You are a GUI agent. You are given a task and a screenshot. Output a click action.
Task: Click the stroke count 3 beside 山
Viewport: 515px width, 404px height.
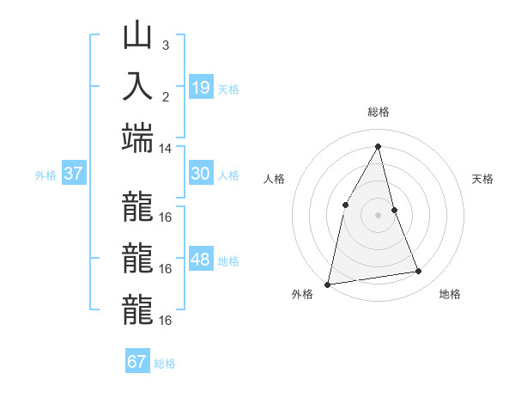(x=165, y=45)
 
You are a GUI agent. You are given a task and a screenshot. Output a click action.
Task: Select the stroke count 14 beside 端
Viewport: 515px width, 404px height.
(x=165, y=148)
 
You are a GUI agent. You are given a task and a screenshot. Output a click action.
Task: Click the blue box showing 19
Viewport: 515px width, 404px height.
(x=200, y=87)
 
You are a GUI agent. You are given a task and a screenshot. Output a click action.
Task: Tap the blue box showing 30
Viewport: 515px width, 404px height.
(x=200, y=174)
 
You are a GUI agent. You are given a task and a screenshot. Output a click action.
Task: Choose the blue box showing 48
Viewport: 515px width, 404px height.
(x=200, y=260)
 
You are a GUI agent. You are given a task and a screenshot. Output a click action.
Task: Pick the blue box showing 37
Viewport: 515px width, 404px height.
(x=73, y=174)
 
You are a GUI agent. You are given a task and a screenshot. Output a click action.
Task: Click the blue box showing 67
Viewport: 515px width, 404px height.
(x=136, y=362)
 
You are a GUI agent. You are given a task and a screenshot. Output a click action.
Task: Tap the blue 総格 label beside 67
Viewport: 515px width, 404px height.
(x=165, y=364)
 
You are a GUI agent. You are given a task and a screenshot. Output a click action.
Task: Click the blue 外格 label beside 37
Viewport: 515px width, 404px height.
(x=45, y=175)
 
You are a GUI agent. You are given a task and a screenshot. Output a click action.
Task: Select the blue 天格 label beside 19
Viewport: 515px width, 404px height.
(x=228, y=89)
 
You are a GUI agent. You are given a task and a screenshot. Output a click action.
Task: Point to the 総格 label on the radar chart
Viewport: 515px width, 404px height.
(x=378, y=112)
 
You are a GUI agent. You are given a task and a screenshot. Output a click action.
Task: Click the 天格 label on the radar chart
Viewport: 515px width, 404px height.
(x=483, y=179)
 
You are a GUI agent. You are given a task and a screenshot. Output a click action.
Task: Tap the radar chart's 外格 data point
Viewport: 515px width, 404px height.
(x=327, y=284)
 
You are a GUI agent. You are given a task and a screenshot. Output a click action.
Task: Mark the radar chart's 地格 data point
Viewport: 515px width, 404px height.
(x=419, y=272)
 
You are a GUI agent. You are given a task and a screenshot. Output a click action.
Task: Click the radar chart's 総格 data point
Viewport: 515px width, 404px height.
(x=378, y=146)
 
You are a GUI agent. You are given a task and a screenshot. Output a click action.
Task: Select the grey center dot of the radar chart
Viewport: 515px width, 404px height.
(x=378, y=215)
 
